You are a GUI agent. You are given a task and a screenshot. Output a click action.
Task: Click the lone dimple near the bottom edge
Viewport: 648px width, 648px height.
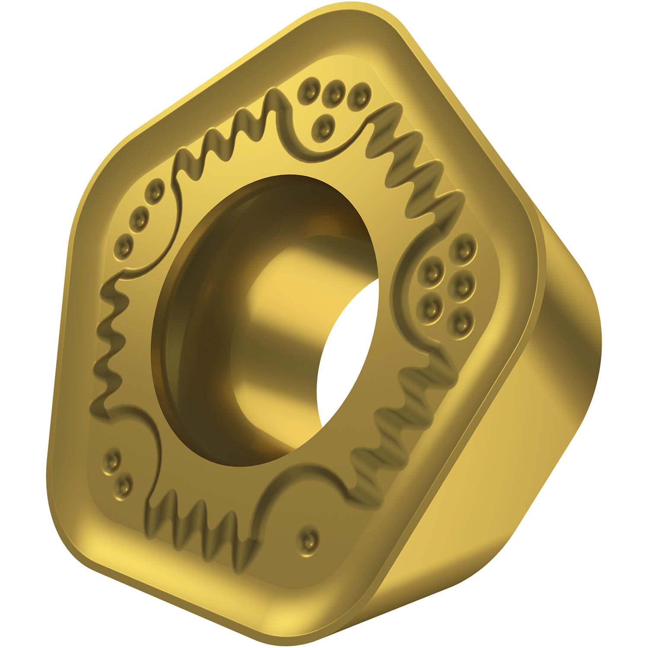tap(308, 538)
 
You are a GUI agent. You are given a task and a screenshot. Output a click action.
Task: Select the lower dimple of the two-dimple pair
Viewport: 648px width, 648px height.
tap(124, 486)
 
